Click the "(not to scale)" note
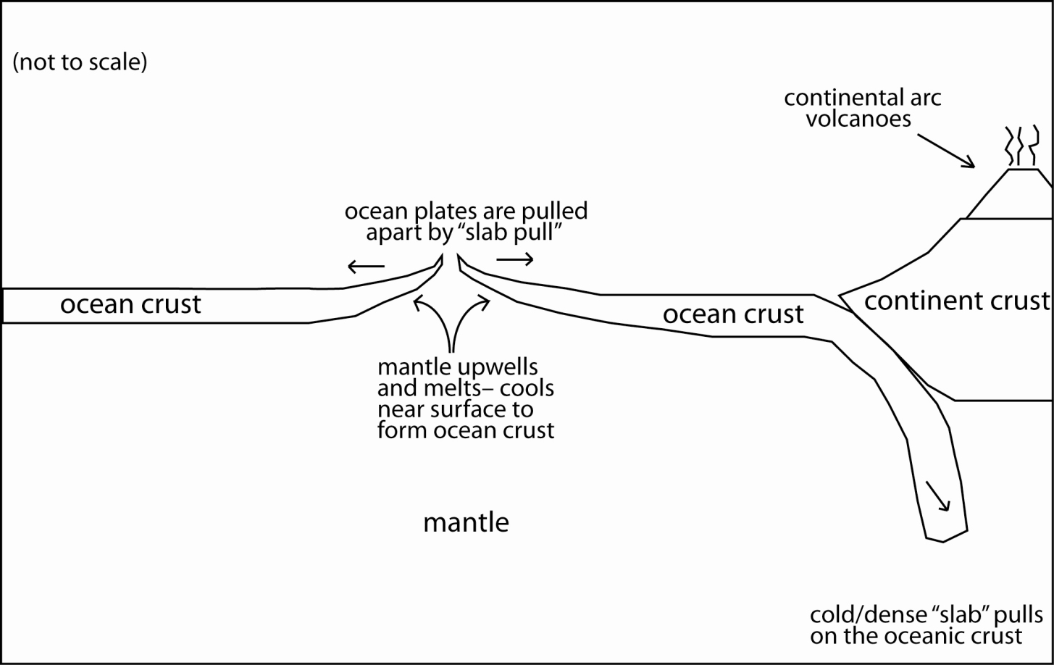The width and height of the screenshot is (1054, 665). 80,62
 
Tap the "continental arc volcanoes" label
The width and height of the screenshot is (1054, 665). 862,108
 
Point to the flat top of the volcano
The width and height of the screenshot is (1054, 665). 1023,170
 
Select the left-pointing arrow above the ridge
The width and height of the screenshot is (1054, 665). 366,267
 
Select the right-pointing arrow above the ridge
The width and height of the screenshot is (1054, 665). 515,259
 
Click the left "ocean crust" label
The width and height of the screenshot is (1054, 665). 130,304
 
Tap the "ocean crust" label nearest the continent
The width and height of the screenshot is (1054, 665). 733,314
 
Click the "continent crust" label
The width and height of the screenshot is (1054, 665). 957,300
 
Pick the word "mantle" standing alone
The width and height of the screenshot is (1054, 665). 466,522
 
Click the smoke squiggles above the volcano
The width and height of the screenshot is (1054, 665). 1020,145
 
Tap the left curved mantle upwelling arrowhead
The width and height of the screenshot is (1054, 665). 417,302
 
